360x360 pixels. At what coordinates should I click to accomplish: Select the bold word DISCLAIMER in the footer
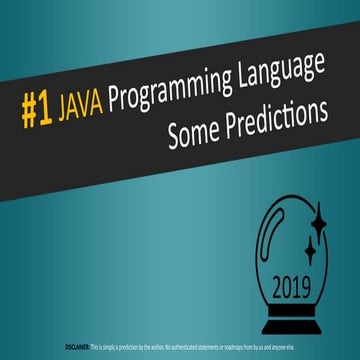75,346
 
